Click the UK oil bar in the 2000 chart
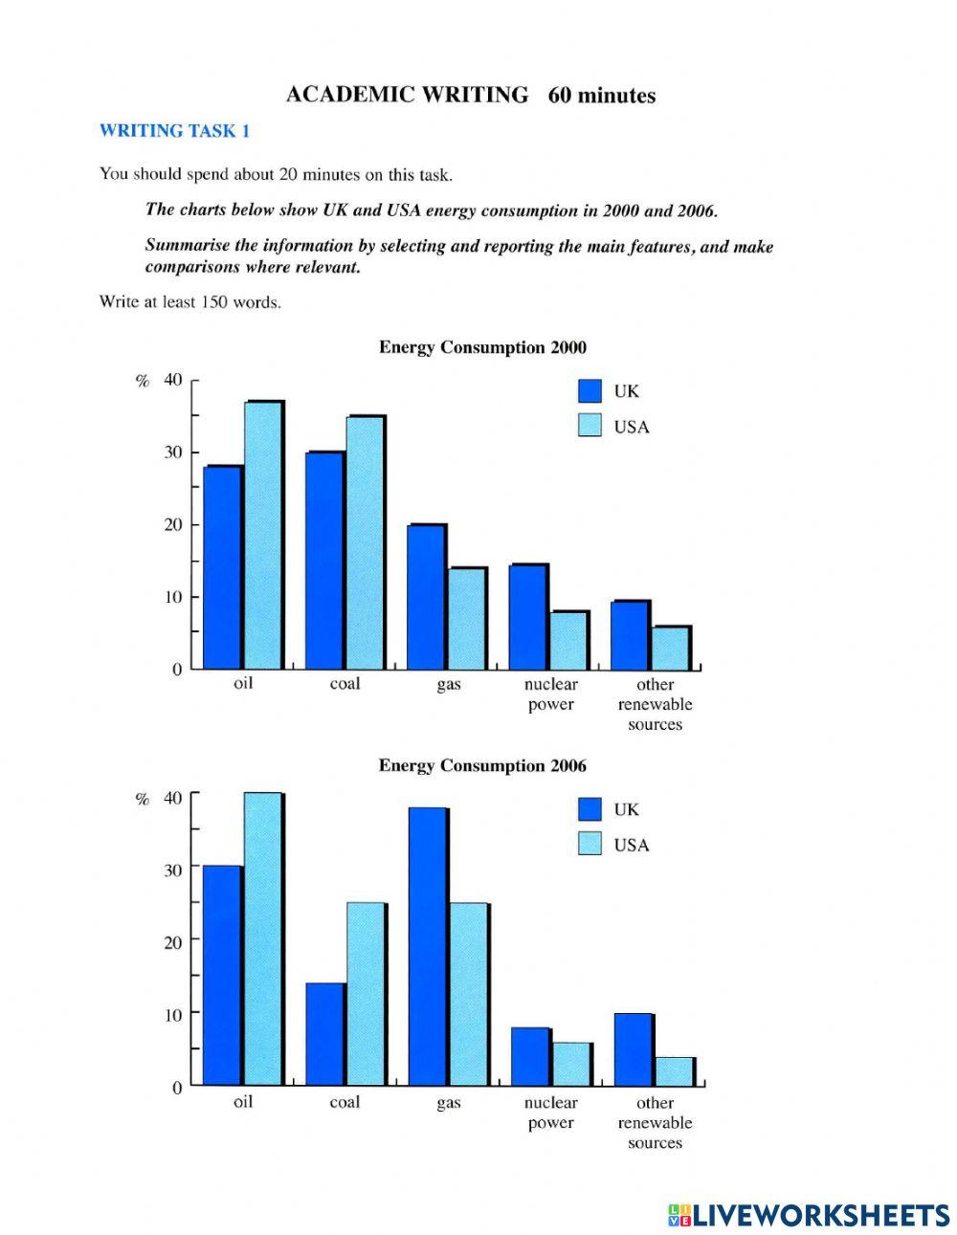[223, 566]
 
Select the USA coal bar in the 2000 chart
[365, 542]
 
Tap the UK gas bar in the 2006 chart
[427, 946]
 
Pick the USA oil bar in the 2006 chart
[262, 938]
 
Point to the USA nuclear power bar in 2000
[568, 640]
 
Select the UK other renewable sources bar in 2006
[633, 1048]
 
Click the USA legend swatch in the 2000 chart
[590, 426]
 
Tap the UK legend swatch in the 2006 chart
[590, 809]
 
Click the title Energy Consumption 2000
[482, 347]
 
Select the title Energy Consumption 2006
[482, 765]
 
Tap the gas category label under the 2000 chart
[448, 685]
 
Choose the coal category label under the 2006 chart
[345, 1102]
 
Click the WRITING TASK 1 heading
[174, 131]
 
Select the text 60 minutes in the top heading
[602, 96]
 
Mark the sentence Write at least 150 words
[189, 302]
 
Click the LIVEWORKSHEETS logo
[809, 1215]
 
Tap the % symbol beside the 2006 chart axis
[143, 799]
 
